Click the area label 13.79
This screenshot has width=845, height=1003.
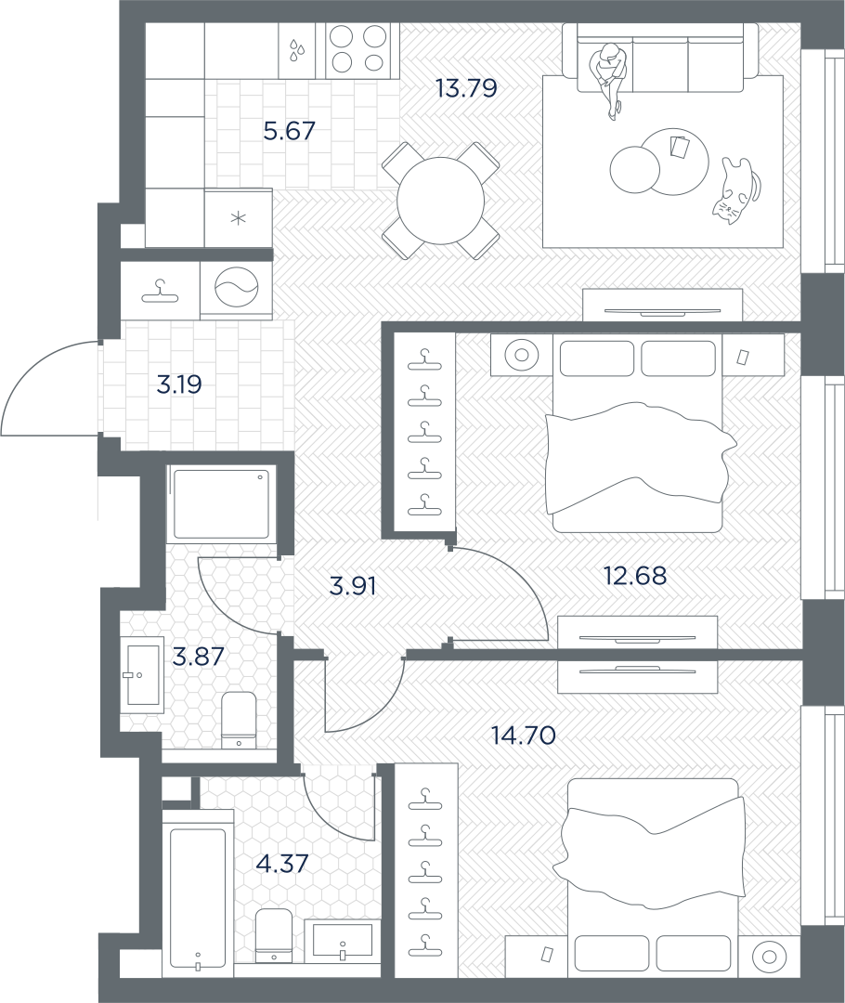tap(465, 87)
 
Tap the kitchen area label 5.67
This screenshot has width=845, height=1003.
tap(289, 131)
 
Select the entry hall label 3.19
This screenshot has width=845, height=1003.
tap(179, 384)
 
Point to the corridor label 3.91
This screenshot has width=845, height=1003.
tap(352, 585)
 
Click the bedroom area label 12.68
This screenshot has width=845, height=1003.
tap(635, 576)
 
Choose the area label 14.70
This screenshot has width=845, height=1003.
tap(523, 736)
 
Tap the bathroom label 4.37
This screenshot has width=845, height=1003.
tap(282, 863)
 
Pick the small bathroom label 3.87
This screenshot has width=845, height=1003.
tap(199, 657)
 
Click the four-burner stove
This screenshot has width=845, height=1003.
tap(357, 51)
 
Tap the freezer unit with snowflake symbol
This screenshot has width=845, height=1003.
tap(239, 217)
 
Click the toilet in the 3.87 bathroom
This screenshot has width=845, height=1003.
tap(239, 720)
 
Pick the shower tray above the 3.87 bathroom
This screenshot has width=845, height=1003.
tap(222, 504)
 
